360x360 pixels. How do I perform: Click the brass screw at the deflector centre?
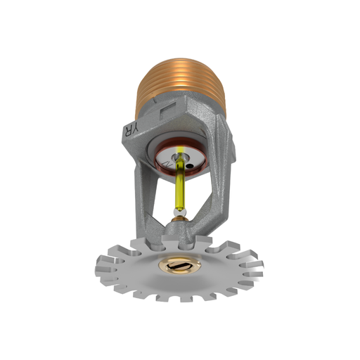pyautogui.click(x=179, y=266)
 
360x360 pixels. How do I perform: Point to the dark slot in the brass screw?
pyautogui.click(x=179, y=266)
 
